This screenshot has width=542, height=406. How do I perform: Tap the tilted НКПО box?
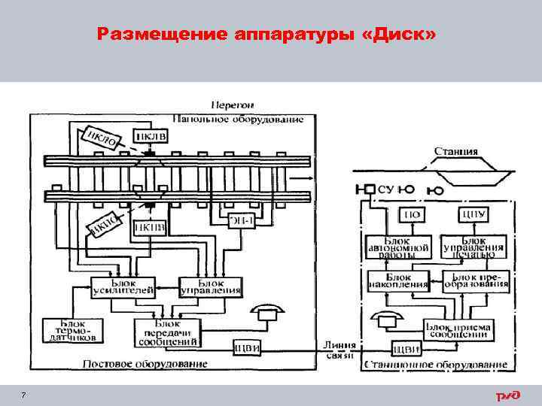click(105, 223)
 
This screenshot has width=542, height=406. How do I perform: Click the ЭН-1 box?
click(241, 219)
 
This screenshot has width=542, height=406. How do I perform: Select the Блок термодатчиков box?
click(67, 330)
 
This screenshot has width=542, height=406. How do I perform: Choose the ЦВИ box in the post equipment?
click(247, 347)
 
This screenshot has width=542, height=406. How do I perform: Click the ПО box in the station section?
click(412, 215)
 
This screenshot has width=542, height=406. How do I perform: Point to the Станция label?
click(455, 151)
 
